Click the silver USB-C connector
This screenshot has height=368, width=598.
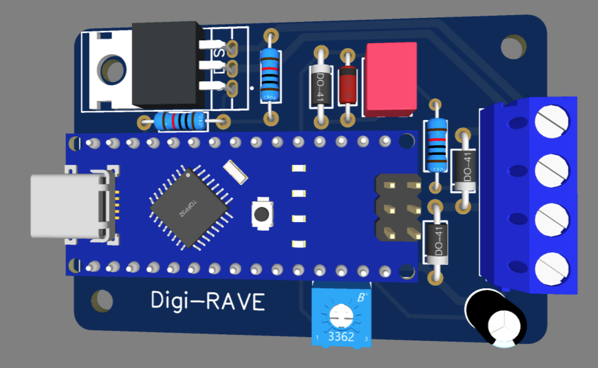[66, 206]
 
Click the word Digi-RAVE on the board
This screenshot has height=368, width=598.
[208, 301]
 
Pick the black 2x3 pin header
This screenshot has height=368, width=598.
[399, 207]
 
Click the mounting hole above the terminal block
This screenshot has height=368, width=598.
[513, 47]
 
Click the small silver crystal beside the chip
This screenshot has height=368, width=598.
[236, 172]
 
